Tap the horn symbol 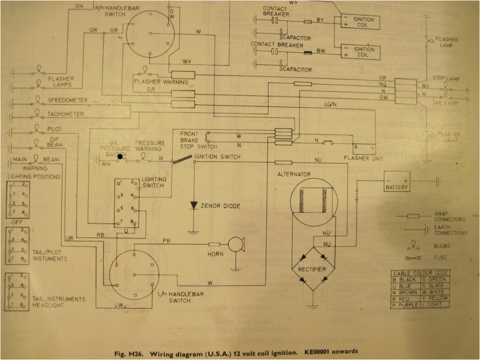coord(236,245)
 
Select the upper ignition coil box coord(356,23)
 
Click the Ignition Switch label coord(217,157)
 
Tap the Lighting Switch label coord(153,182)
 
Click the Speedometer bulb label coord(67,100)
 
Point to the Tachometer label coord(66,114)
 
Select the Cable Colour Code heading coord(420,273)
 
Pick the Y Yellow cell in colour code coord(435,298)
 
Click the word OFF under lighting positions coord(18,222)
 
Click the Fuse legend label coord(440,257)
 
